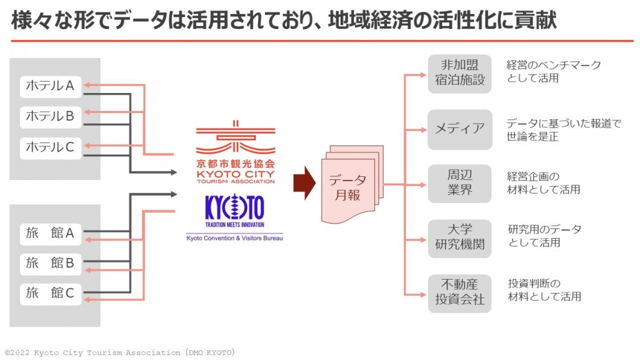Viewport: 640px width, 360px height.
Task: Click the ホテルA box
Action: [x=51, y=86]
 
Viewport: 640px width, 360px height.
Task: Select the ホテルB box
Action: [x=51, y=116]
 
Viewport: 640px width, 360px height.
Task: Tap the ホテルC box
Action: [x=51, y=146]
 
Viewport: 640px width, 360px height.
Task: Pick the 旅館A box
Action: [x=51, y=233]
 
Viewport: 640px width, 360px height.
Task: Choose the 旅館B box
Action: [x=51, y=263]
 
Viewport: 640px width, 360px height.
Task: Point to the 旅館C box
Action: [x=51, y=294]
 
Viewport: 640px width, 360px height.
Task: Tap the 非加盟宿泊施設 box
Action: [x=459, y=73]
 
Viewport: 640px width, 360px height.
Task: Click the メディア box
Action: [x=459, y=129]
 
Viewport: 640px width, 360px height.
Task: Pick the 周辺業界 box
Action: [x=459, y=182]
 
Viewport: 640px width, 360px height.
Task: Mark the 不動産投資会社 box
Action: [x=459, y=292]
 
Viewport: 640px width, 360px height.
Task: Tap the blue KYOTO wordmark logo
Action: [x=234, y=208]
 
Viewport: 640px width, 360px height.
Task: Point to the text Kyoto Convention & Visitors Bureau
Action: [x=234, y=238]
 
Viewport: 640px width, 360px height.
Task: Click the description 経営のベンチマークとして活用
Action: [x=554, y=71]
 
